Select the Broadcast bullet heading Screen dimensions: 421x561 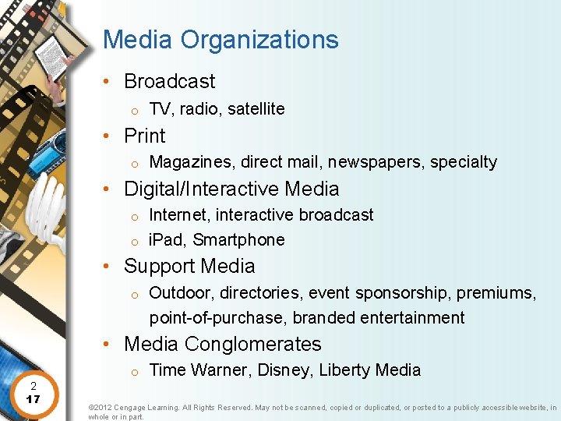point(169,81)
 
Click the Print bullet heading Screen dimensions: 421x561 point(144,136)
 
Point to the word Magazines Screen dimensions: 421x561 point(192,162)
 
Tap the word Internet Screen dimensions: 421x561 point(179,214)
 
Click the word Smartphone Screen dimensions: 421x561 point(238,240)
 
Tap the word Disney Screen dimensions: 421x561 point(283,370)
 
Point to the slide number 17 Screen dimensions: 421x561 point(33,399)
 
